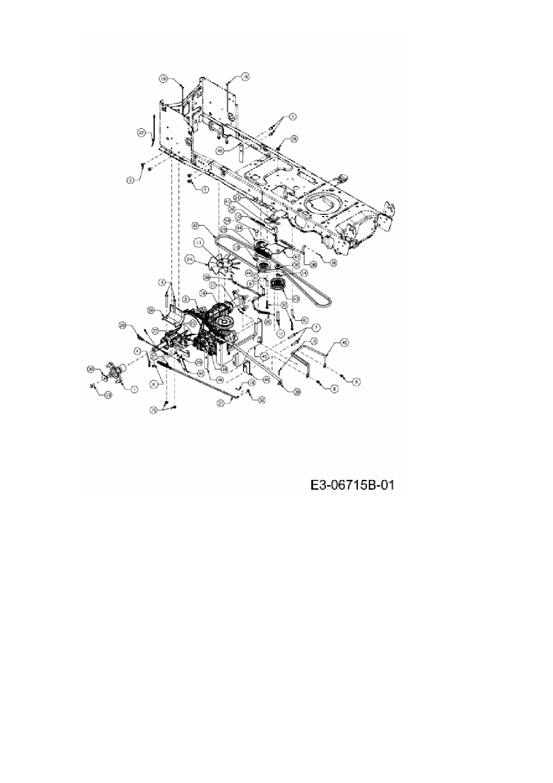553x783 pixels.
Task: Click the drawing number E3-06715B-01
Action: (x=352, y=485)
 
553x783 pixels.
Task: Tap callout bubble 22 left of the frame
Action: (x=141, y=132)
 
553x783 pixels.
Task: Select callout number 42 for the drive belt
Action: (x=198, y=226)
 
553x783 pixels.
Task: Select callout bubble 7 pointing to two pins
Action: (x=316, y=328)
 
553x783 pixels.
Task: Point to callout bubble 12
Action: (x=280, y=333)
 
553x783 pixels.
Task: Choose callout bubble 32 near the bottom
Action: (x=262, y=400)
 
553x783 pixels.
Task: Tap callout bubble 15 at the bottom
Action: (x=153, y=410)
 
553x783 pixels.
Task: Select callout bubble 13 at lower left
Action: (x=107, y=395)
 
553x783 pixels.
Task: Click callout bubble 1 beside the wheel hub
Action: (x=134, y=389)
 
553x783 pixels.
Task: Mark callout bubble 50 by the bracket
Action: (x=151, y=310)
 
